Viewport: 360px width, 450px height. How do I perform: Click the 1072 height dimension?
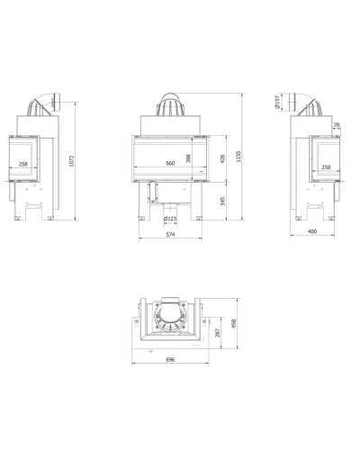pos(71,161)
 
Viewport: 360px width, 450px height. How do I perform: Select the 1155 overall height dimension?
pos(238,157)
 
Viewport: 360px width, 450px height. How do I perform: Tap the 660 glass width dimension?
pos(170,164)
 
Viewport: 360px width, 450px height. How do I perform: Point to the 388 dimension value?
pos(188,158)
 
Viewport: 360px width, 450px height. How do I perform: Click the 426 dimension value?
pos(222,158)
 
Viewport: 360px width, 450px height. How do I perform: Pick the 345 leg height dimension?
pos(222,201)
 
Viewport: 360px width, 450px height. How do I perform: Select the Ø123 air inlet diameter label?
pos(170,219)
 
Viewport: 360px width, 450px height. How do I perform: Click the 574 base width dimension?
pos(170,235)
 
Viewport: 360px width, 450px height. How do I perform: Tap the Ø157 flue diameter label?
pos(277,102)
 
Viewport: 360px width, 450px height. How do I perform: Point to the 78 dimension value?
pos(337,124)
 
